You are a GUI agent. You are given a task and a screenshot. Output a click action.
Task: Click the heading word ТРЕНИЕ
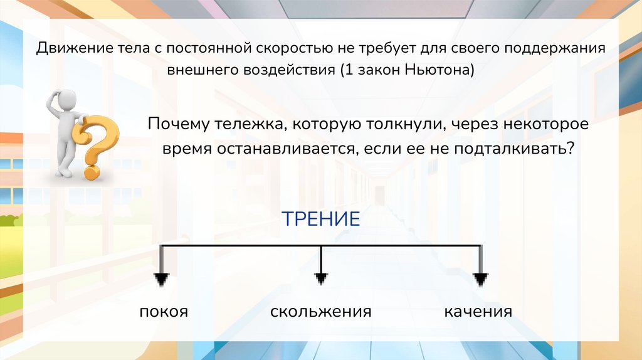[x=320, y=220]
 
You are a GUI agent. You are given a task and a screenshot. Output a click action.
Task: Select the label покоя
[x=164, y=312]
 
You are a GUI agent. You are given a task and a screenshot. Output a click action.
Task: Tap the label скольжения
[x=321, y=312]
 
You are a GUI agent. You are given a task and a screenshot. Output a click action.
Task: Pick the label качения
[x=478, y=312]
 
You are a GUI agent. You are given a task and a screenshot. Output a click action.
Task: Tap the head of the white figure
[x=66, y=99]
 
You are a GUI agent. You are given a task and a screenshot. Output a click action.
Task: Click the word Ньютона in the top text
[x=439, y=70]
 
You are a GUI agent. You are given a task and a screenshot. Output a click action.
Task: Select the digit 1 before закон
[x=349, y=70]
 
